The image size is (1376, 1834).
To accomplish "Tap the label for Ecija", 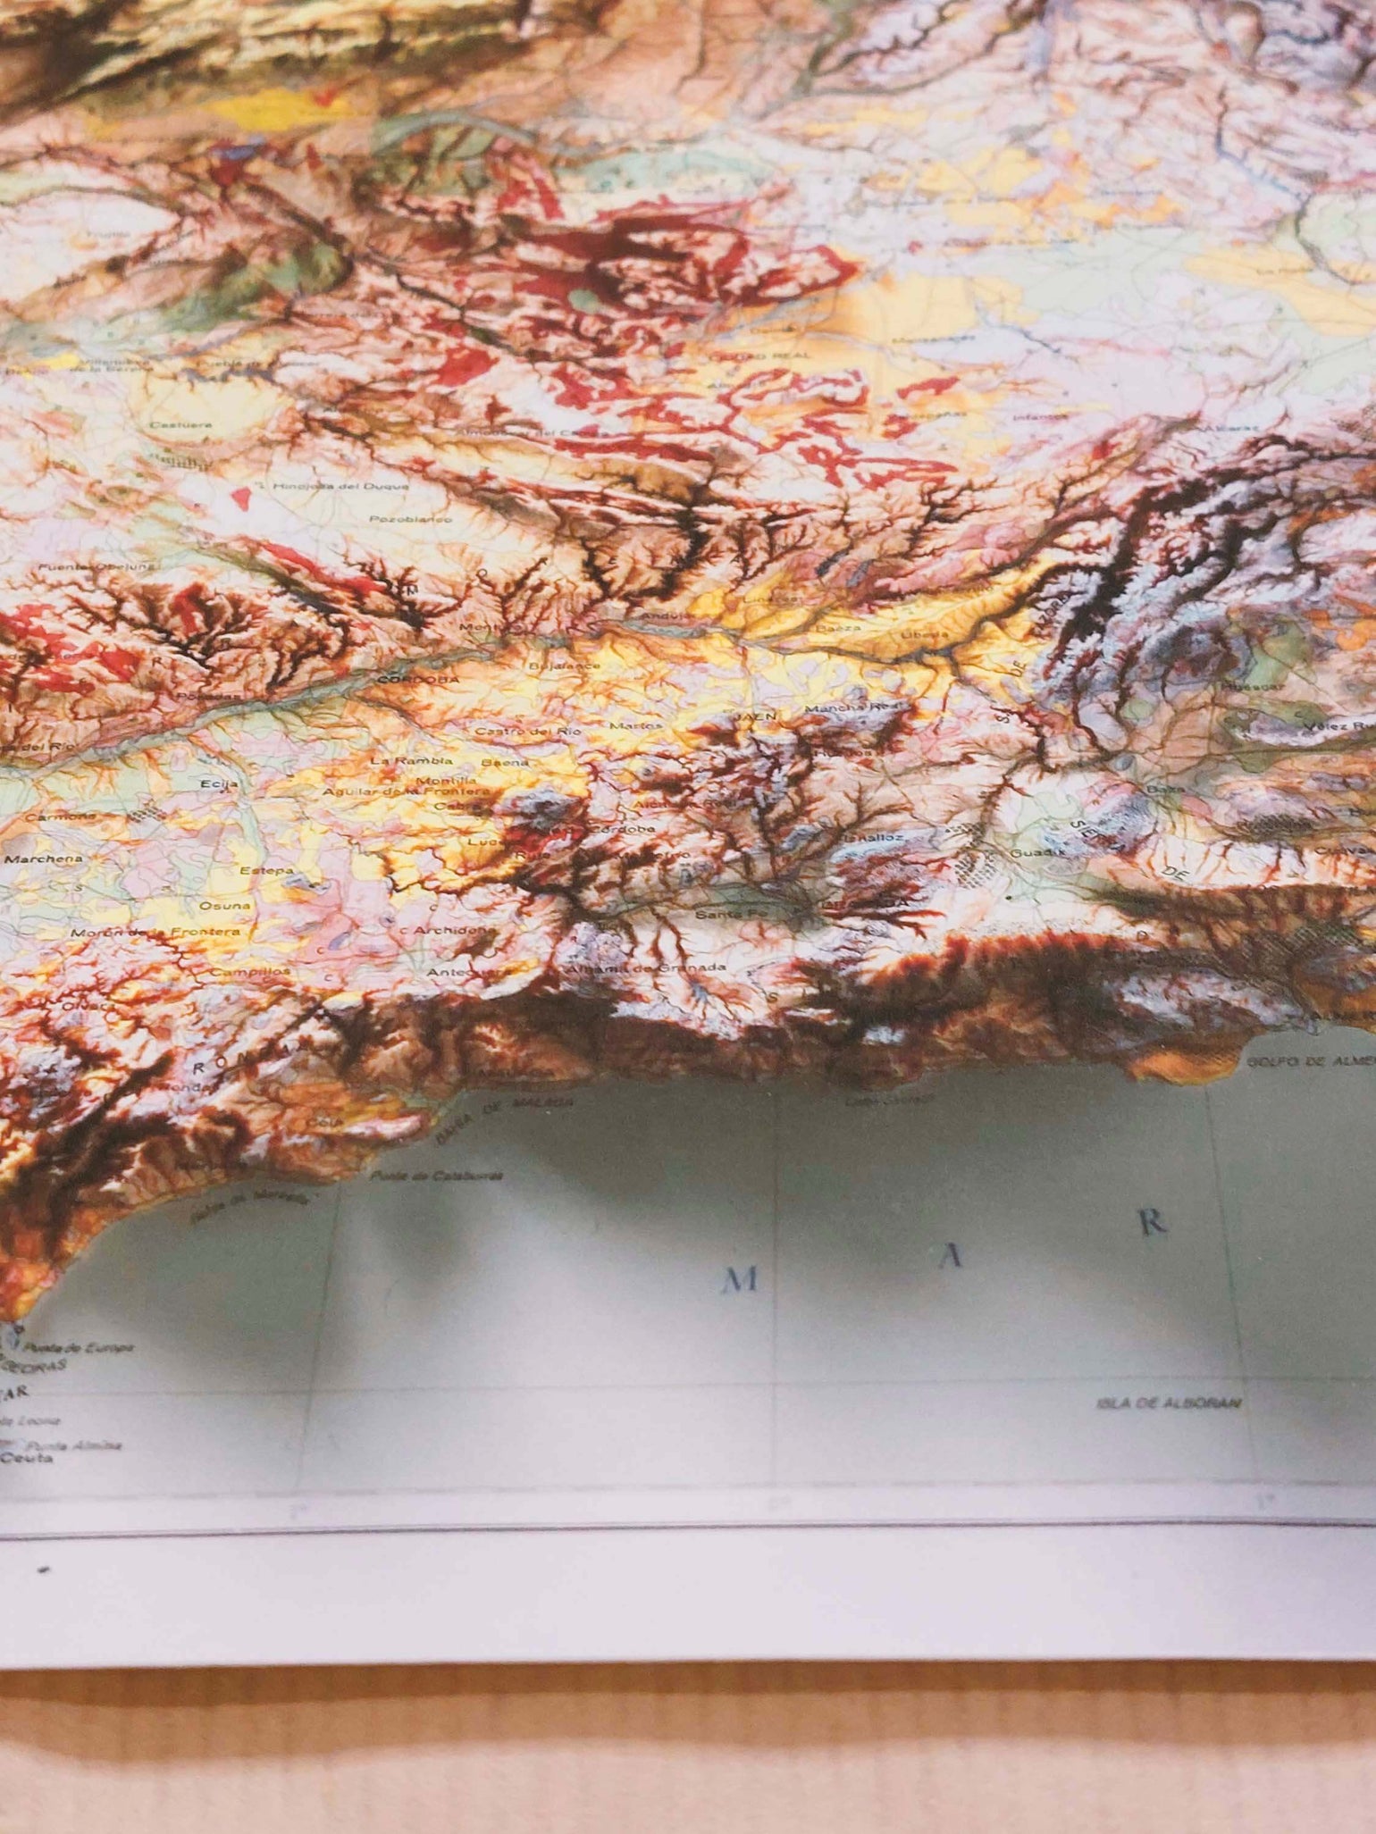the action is coord(224,783).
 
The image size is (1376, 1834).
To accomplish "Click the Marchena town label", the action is coord(44,858).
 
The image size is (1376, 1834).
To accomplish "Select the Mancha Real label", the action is coord(838,708).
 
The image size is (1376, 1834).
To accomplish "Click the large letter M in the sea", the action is coord(743,1281).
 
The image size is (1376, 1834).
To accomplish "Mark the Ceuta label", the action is coord(28,1457).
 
